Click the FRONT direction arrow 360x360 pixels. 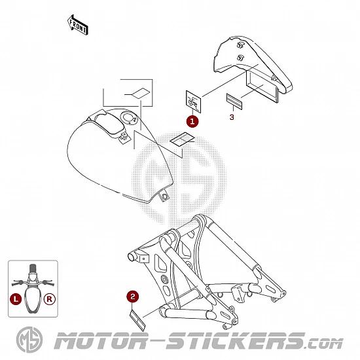pyautogui.click(x=78, y=26)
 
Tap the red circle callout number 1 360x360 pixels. pyautogui.click(x=192, y=121)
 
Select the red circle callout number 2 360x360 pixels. pyautogui.click(x=133, y=297)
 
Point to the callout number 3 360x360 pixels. pyautogui.click(x=232, y=117)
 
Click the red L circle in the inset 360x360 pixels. pyautogui.click(x=16, y=299)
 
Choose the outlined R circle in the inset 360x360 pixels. pyautogui.click(x=50, y=299)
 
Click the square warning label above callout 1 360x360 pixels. pyautogui.click(x=193, y=101)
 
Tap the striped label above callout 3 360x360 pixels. pyautogui.click(x=234, y=101)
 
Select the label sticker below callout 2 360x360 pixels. pyautogui.click(x=138, y=321)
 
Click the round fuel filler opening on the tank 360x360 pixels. pyautogui.click(x=129, y=117)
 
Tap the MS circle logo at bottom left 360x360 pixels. pyautogui.click(x=29, y=340)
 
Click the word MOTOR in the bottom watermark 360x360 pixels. pyautogui.click(x=101, y=341)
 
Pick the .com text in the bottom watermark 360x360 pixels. pyautogui.click(x=324, y=344)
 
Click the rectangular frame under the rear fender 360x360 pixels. pyautogui.click(x=262, y=86)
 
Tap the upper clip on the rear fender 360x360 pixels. pyautogui.click(x=240, y=45)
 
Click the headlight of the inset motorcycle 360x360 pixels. pyautogui.click(x=33, y=276)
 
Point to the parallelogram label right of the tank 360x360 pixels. pyautogui.click(x=182, y=139)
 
